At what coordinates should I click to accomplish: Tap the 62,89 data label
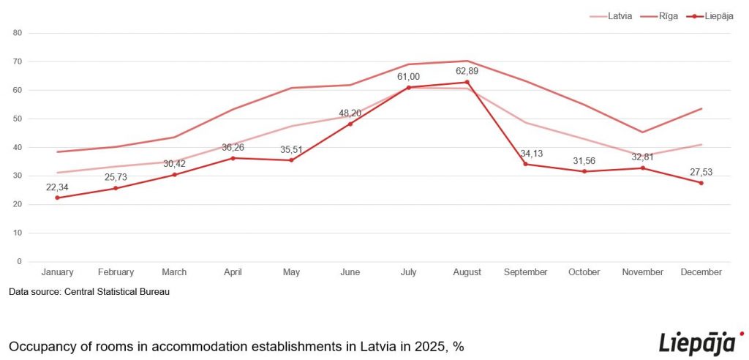pyautogui.click(x=467, y=70)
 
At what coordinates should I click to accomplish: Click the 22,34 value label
pyautogui.click(x=57, y=187)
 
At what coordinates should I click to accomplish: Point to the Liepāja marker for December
pyautogui.click(x=701, y=183)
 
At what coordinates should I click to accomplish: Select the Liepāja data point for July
pyautogui.click(x=409, y=88)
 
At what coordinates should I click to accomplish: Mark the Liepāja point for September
pyautogui.click(x=525, y=164)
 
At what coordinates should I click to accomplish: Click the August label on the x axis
pyautogui.click(x=467, y=272)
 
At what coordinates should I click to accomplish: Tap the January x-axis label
pyautogui.click(x=57, y=272)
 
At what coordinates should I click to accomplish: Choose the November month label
pyautogui.click(x=642, y=272)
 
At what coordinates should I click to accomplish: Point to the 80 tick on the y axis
pyautogui.click(x=18, y=33)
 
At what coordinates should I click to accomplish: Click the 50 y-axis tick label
pyautogui.click(x=18, y=119)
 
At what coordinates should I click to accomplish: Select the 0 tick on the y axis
pyautogui.click(x=20, y=261)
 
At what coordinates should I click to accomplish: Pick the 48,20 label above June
pyautogui.click(x=350, y=113)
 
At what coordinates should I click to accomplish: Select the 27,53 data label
pyautogui.click(x=701, y=172)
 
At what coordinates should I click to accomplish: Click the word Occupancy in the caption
pyautogui.click(x=42, y=345)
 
